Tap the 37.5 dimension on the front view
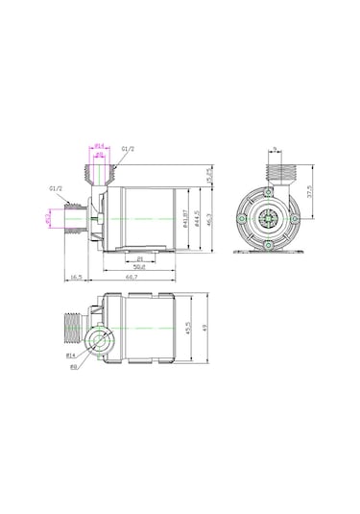(x=309, y=192)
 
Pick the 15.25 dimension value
(x=210, y=175)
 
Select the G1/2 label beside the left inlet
(x=56, y=189)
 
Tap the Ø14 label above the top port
(x=100, y=146)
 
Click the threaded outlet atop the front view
(x=277, y=174)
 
